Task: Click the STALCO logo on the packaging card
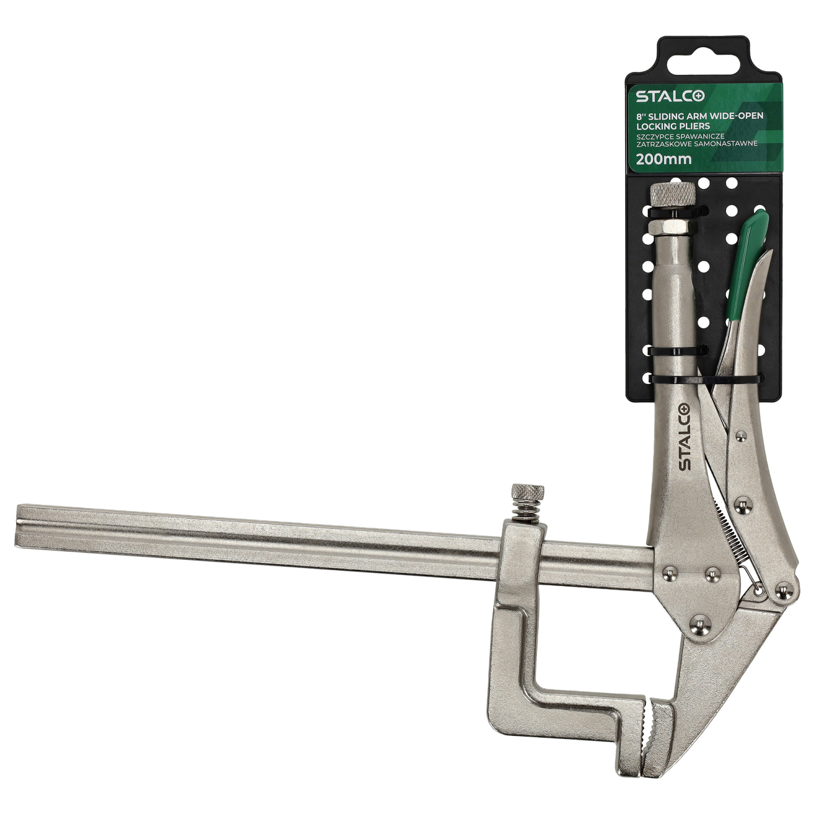pos(671,97)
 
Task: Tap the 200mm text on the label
pos(664,159)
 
